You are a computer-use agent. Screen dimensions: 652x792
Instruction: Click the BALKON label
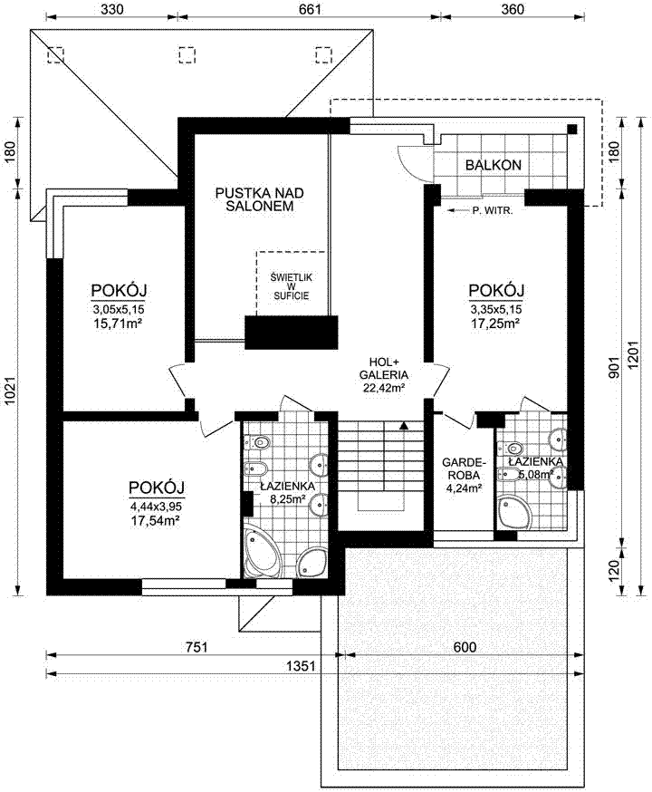pyautogui.click(x=493, y=165)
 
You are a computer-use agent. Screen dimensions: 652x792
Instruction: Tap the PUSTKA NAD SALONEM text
pyautogui.click(x=259, y=199)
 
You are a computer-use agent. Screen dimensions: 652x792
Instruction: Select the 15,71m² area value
pyautogui.click(x=118, y=324)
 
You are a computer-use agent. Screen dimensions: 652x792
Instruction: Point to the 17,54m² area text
pyautogui.click(x=156, y=520)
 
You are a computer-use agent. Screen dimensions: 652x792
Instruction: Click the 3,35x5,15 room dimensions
pyautogui.click(x=496, y=309)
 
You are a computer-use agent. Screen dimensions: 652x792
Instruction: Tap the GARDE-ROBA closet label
pyautogui.click(x=464, y=468)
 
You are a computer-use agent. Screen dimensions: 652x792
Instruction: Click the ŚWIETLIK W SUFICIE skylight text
pyautogui.click(x=292, y=286)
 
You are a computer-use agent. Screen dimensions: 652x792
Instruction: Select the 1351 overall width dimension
pyautogui.click(x=301, y=666)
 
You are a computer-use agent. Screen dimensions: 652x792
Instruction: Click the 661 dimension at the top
pyautogui.click(x=310, y=9)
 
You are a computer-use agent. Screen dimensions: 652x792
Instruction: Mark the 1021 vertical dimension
pyautogui.click(x=10, y=392)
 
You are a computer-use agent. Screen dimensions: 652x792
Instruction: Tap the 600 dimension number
pyautogui.click(x=465, y=647)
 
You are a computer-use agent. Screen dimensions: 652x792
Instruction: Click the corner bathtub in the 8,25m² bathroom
pyautogui.click(x=262, y=552)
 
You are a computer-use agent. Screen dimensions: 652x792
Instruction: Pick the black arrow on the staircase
pyautogui.click(x=403, y=425)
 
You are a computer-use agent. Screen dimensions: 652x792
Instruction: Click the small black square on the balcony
pyautogui.click(x=571, y=129)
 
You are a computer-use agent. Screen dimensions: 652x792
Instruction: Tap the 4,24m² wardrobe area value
pyautogui.click(x=463, y=488)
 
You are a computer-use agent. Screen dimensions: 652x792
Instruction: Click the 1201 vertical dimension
pyautogui.click(x=634, y=355)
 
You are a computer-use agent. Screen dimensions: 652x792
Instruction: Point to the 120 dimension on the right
pyautogui.click(x=614, y=571)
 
